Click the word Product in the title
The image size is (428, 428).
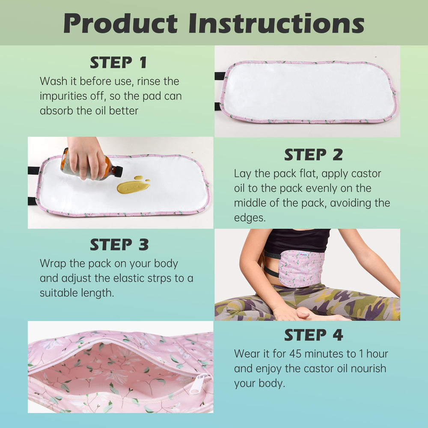[x=121, y=23]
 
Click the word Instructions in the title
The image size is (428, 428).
[x=276, y=23]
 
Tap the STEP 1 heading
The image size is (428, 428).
[x=118, y=62]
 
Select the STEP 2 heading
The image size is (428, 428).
[x=313, y=155]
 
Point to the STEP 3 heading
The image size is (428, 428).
[x=119, y=244]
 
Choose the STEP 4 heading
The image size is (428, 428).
[x=313, y=335]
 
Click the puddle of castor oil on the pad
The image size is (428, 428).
[x=133, y=185]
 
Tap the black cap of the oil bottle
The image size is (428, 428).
[x=118, y=172]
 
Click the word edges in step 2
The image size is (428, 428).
[x=250, y=217]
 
